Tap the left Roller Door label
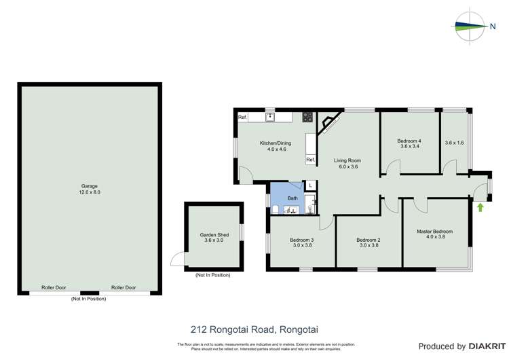54,287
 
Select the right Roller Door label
124,287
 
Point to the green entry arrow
480,206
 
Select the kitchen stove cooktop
307,117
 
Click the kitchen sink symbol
269,117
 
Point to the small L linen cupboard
310,185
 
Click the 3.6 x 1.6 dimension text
454,143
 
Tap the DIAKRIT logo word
485,346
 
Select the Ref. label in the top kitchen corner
242,118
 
